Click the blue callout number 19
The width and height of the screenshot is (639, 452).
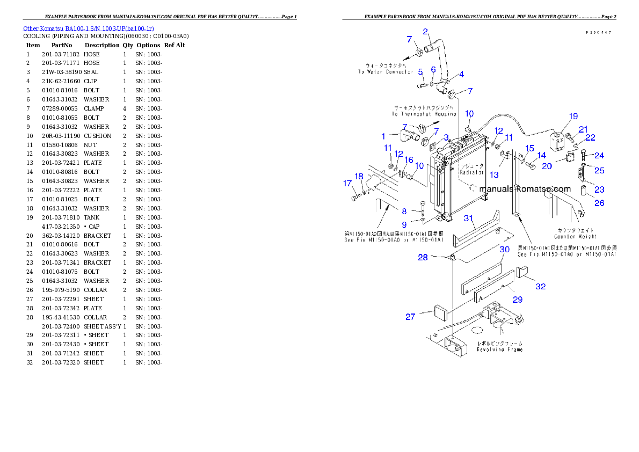coord(573,116)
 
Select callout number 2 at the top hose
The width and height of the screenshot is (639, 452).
coord(425,32)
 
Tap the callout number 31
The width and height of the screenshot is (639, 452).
coord(469,218)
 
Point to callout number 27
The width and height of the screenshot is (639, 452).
coord(410,317)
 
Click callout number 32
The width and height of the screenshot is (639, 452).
coord(540,287)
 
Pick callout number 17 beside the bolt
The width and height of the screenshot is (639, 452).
coord(347,183)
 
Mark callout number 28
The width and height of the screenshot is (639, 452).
coord(423,258)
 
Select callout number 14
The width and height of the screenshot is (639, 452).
coord(541,155)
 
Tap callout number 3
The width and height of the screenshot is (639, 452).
coord(446,137)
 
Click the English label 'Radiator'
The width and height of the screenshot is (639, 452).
coord(471,173)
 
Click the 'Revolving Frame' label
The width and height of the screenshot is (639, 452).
coord(499,349)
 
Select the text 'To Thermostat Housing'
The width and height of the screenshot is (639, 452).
coord(423,114)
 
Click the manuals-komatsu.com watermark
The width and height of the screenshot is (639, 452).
coord(525,189)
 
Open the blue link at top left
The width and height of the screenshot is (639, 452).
coord(89,28)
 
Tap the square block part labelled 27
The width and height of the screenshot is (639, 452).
coord(440,311)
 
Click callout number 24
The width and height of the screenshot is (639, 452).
coord(599,156)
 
